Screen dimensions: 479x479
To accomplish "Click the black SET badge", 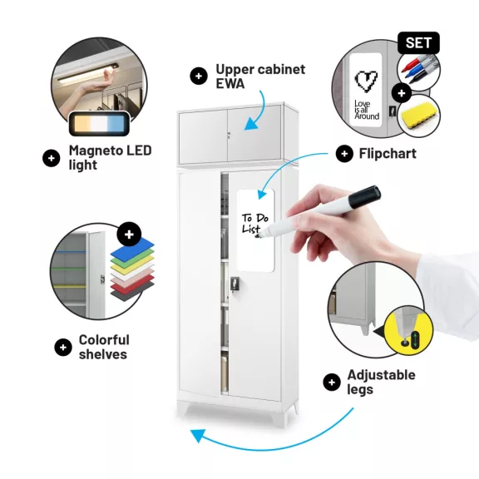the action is pos(418,42).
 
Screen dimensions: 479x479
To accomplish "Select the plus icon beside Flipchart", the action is pos(344,154).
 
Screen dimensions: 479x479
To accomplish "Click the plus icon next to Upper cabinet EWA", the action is pos(199,76).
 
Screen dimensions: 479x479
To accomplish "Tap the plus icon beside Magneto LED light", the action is pos(52,158).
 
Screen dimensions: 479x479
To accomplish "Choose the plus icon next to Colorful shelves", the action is pos(63,348).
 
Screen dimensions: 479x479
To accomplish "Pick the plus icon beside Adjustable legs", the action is pos(332,383).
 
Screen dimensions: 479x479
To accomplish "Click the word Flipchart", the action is pos(388,153).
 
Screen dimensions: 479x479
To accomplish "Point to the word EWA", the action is pos(230,83).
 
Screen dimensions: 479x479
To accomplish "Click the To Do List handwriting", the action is pos(254,224).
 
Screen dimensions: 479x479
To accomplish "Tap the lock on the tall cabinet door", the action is pos(235,284).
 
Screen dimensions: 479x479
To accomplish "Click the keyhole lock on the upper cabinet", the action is pos(229,135).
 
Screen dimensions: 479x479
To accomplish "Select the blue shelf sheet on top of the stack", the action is pos(132,249).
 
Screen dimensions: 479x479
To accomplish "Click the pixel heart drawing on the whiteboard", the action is pos(366,81).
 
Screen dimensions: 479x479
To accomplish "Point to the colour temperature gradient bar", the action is pos(99,123).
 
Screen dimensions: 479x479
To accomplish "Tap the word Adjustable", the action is pos(381,375).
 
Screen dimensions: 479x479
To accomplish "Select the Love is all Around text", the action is pos(367,110).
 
